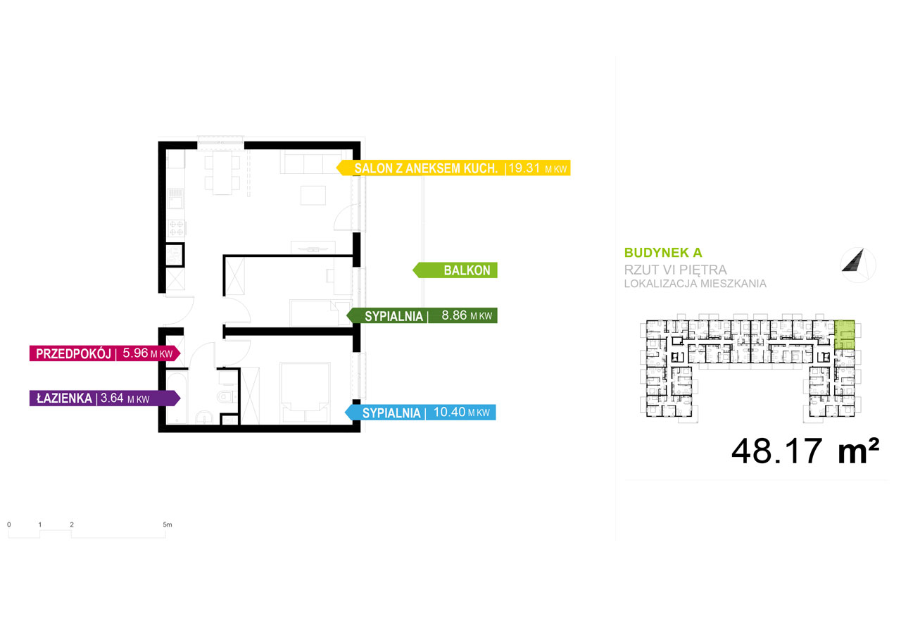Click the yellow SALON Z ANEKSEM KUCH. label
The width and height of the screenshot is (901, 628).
pos(453,168)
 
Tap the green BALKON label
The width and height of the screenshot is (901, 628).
pos(455,270)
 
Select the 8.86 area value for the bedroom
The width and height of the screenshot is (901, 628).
pos(454,315)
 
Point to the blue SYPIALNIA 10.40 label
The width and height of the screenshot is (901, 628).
pos(420,413)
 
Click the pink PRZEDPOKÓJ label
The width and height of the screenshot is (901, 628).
pos(105,353)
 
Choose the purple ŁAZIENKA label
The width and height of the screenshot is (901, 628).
pos(105,398)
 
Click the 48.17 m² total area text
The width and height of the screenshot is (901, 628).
pos(805,451)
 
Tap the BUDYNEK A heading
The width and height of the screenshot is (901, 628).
pos(663,253)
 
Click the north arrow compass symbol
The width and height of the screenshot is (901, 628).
pos(858,265)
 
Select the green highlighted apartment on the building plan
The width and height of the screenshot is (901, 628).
pos(845,334)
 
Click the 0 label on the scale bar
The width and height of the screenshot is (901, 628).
pos(9,525)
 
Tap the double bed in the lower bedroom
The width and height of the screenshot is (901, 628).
pos(305,393)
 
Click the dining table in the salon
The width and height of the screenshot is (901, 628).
pos(222,172)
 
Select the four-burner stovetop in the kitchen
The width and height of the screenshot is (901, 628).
pos(176,227)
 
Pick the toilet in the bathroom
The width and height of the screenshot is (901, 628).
pos(227,396)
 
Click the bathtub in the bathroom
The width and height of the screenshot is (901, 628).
pos(177,396)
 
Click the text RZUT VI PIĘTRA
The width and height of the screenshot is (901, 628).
pos(675,270)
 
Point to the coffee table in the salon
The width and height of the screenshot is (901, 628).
pos(313,195)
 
